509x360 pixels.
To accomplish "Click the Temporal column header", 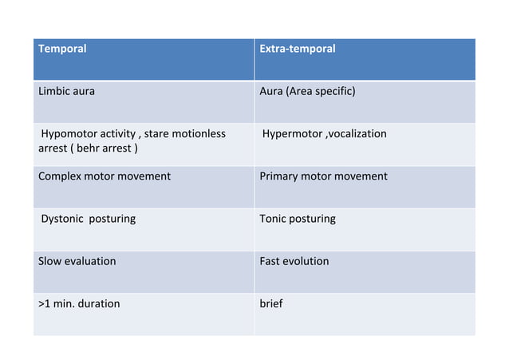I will (x=62, y=49).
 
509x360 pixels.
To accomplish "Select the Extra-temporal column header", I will (x=298, y=49).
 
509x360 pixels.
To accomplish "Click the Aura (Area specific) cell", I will (x=307, y=91).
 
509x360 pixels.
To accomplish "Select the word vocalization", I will (x=356, y=133).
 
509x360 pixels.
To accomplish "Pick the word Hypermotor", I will (x=290, y=133).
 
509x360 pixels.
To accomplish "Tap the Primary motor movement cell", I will (x=323, y=176).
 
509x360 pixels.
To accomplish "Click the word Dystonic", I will (x=64, y=219).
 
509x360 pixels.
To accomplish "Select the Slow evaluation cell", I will (x=77, y=261).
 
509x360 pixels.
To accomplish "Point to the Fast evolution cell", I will (x=294, y=261).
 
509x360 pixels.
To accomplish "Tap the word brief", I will (x=271, y=303).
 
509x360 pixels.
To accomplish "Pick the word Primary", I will (x=280, y=176).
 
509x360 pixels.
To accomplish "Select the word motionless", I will (x=200, y=133).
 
